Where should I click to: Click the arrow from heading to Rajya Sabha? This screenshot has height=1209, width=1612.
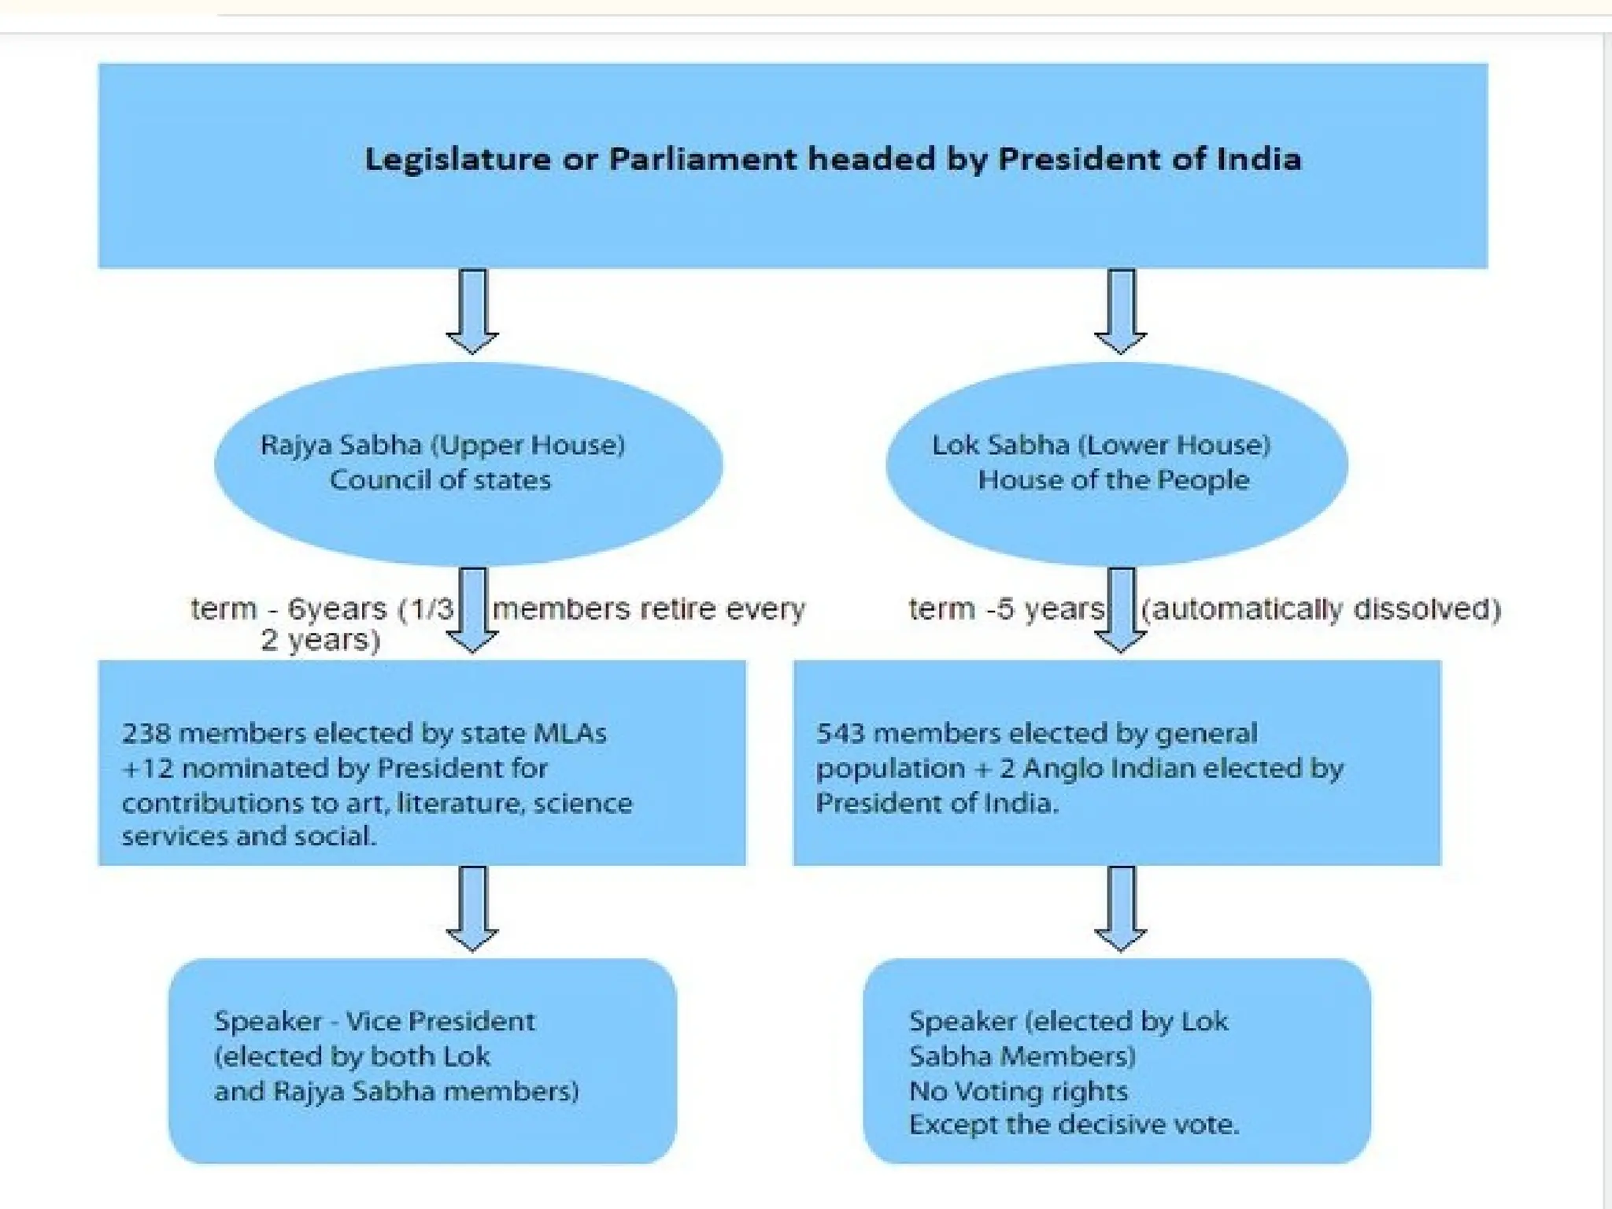tap(472, 312)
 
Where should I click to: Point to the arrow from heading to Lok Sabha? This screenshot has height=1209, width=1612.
tap(1120, 312)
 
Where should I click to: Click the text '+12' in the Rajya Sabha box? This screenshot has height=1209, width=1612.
tap(147, 768)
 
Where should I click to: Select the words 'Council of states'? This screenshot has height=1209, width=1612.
tap(440, 480)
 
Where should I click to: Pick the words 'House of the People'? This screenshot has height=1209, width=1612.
tap(1113, 480)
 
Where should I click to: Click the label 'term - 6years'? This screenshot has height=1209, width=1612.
tap(289, 609)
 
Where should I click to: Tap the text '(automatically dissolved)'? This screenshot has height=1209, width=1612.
tap(1321, 609)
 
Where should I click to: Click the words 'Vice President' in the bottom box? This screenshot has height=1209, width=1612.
tap(440, 1022)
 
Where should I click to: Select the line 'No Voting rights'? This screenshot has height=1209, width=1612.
tap(1019, 1092)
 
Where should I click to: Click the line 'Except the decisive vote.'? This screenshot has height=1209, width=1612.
tap(1074, 1125)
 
